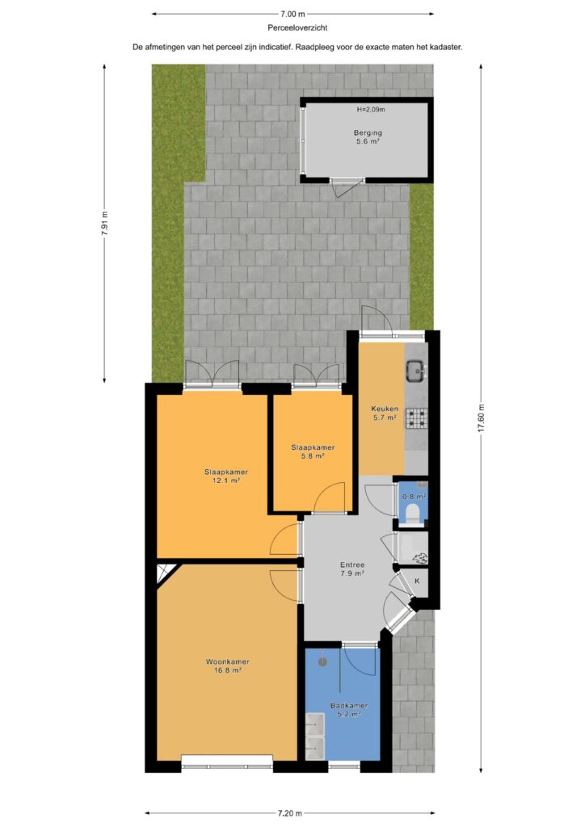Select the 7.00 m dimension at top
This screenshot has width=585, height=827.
tap(292, 15)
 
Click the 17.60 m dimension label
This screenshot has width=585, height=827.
tap(481, 418)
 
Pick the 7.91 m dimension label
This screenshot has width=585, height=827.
tap(104, 224)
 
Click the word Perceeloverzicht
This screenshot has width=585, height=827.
tap(297, 28)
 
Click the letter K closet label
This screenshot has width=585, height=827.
tap(417, 581)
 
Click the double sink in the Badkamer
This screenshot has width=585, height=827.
tap(315, 737)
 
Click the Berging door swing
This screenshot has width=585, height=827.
tap(348, 187)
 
